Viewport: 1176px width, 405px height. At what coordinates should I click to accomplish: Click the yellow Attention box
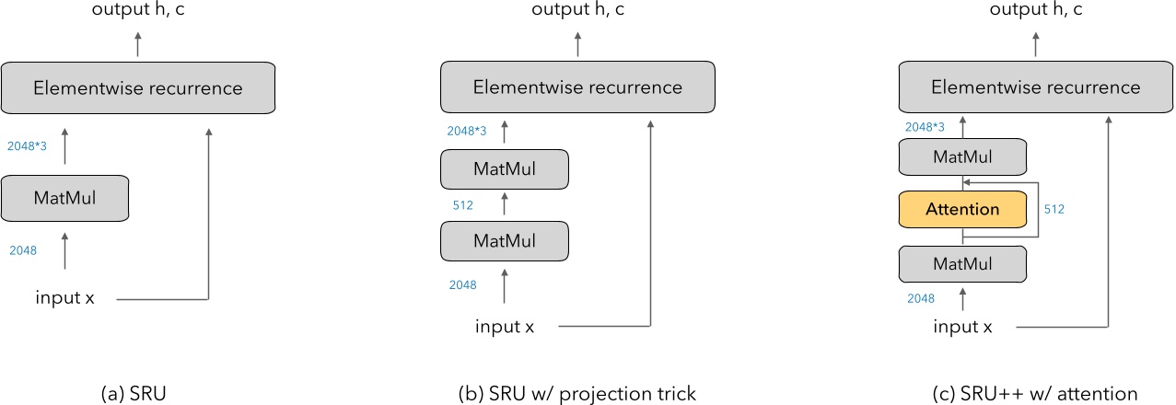[962, 209]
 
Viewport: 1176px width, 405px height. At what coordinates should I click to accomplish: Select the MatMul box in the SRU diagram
[64, 197]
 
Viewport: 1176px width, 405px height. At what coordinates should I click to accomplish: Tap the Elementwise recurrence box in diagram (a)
[138, 88]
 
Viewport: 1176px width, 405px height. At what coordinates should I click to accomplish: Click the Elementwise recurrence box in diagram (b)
[577, 87]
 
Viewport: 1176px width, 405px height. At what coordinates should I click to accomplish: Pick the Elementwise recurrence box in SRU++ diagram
[1036, 87]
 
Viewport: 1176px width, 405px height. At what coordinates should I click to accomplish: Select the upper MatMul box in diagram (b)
[504, 169]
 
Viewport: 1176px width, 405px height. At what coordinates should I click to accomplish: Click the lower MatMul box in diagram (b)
[504, 240]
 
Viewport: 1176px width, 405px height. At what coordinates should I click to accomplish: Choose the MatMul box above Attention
[962, 157]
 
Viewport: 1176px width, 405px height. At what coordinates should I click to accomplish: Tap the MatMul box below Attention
[962, 263]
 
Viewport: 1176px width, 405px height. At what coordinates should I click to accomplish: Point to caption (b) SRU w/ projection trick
[576, 393]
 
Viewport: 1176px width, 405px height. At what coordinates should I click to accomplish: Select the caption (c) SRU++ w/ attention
[1036, 393]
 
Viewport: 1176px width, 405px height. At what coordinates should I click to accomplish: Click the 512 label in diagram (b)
[462, 205]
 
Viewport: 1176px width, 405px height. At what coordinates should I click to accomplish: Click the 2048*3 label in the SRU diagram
[27, 145]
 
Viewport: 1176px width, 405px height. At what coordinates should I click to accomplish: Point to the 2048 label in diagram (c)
[921, 298]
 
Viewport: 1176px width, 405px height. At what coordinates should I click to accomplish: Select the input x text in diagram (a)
[65, 298]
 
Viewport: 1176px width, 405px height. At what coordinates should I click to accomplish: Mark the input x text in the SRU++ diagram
[962, 327]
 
